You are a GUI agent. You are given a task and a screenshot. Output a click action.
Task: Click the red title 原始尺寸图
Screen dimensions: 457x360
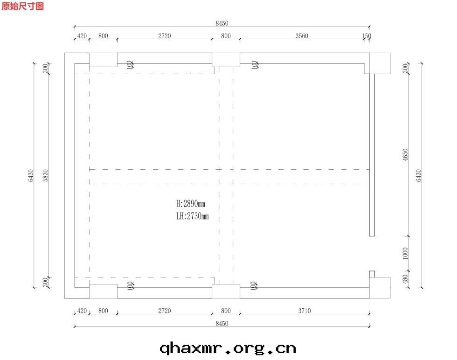pos(23,6)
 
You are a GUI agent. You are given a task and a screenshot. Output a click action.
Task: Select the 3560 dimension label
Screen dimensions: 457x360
pos(302,36)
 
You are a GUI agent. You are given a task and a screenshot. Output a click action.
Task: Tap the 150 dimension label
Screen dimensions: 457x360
pos(367,36)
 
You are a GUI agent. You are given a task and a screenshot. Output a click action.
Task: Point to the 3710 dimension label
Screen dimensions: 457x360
pos(304,311)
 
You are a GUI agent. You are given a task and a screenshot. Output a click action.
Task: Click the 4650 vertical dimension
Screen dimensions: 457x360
pos(405,154)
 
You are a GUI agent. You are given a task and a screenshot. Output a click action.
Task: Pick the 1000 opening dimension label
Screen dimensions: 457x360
pos(405,253)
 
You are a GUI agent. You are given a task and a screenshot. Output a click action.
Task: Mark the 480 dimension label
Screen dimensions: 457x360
pos(405,279)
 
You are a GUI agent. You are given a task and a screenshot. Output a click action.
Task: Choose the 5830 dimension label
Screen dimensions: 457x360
pos(45,175)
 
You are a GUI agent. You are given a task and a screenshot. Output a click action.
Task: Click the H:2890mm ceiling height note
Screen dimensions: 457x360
pos(191,203)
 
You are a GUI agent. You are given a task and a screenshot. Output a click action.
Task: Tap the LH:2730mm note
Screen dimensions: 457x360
pos(192,216)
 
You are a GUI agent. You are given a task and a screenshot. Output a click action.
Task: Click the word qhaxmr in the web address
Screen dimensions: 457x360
pos(191,349)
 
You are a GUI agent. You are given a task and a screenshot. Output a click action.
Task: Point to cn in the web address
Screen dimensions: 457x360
pos(286,349)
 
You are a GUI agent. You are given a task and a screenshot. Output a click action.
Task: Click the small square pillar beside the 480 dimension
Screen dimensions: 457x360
pos(372,274)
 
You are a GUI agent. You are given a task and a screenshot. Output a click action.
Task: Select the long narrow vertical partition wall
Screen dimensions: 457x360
pos(372,155)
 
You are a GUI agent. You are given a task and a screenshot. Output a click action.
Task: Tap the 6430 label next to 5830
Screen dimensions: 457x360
pos(31,175)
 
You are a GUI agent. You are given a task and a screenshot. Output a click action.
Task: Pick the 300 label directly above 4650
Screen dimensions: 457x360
pos(405,69)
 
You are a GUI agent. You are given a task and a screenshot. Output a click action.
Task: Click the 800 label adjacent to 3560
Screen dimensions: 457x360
pos(226,36)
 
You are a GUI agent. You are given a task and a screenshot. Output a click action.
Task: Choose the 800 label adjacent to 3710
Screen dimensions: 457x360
pos(226,311)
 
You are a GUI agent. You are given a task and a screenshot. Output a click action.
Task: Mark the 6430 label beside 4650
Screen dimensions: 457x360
pos(419,175)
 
